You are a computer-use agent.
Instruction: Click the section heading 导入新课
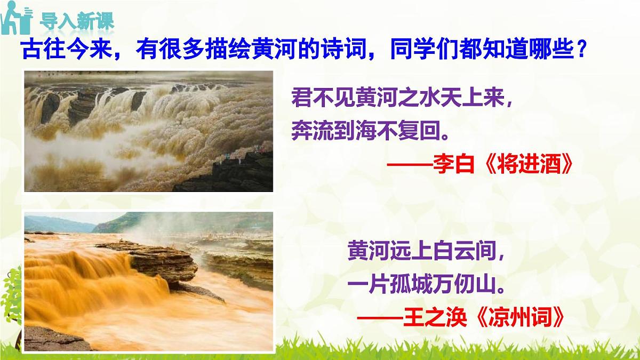77,22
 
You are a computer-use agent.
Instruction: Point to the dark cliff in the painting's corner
235,173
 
